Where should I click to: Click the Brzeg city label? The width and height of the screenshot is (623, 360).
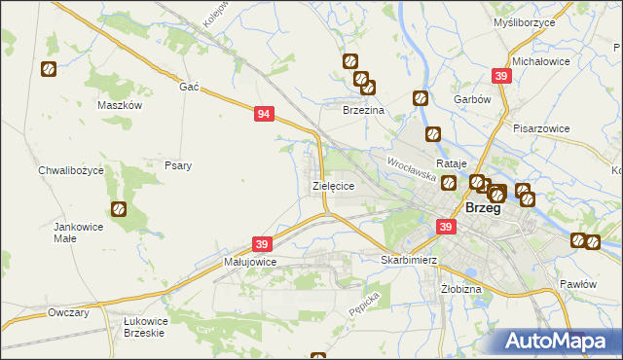point(484,207)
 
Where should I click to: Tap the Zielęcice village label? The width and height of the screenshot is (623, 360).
point(332,184)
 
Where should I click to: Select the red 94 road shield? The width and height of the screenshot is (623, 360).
point(264,114)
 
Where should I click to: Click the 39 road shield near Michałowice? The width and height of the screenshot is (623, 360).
point(501,76)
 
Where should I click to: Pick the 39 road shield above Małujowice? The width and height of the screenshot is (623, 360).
point(261,243)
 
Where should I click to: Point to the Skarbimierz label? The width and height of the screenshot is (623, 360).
point(408,261)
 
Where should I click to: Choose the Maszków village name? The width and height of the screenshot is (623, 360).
point(121,105)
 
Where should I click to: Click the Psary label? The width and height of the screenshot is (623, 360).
point(177,165)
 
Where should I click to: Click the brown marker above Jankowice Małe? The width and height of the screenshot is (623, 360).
point(119,208)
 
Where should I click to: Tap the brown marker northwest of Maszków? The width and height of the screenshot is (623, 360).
point(48,69)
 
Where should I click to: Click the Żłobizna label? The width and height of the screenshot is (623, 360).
point(460,289)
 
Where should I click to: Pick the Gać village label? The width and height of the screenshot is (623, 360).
point(189,87)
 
